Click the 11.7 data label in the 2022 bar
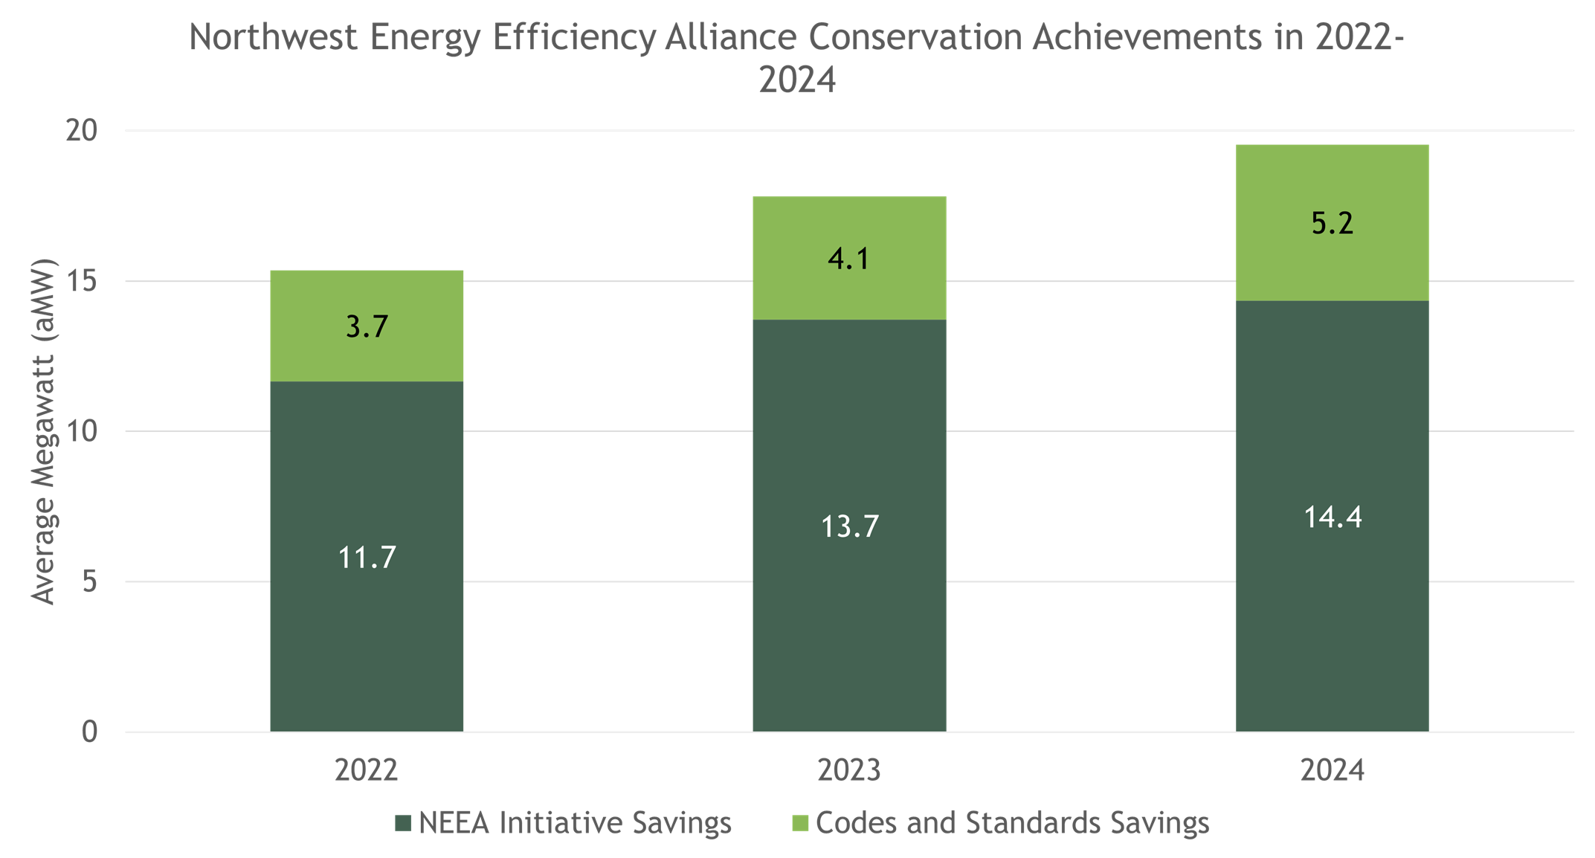(x=367, y=558)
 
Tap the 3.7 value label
(x=367, y=327)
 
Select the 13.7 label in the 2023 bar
(x=849, y=527)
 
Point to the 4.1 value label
(x=848, y=259)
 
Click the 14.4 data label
(x=1333, y=517)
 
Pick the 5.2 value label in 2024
(x=1332, y=223)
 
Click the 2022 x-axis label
(x=366, y=770)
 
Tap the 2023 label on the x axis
(x=848, y=770)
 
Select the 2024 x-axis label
(x=1332, y=770)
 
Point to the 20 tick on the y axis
(x=82, y=131)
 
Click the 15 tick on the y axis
(x=82, y=282)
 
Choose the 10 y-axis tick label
(x=82, y=432)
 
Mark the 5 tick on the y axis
(x=89, y=582)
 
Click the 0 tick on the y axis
(x=89, y=732)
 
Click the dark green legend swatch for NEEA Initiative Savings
(x=404, y=824)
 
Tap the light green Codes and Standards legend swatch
(x=800, y=824)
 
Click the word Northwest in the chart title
(x=273, y=37)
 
